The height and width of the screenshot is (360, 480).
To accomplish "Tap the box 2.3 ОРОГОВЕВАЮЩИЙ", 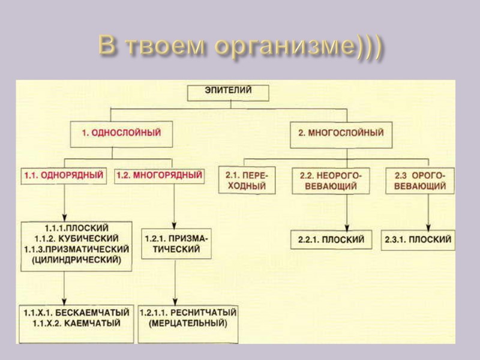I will (420, 181).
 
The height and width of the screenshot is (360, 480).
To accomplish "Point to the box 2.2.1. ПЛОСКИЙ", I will (331, 239).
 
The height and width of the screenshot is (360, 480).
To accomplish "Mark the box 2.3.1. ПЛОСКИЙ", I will (418, 239).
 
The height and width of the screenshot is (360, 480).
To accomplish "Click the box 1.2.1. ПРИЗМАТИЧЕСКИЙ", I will (176, 243).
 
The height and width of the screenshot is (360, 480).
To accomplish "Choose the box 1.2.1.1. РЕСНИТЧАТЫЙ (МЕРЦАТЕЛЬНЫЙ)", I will (188, 318).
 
